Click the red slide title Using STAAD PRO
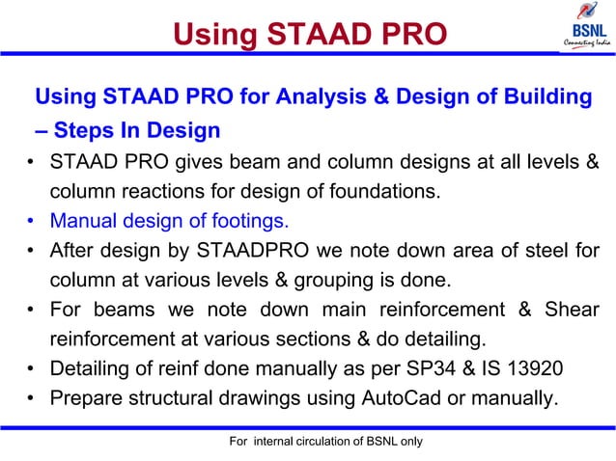click(x=309, y=35)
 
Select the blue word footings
click(x=249, y=221)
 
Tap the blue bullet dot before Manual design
click(x=33, y=222)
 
